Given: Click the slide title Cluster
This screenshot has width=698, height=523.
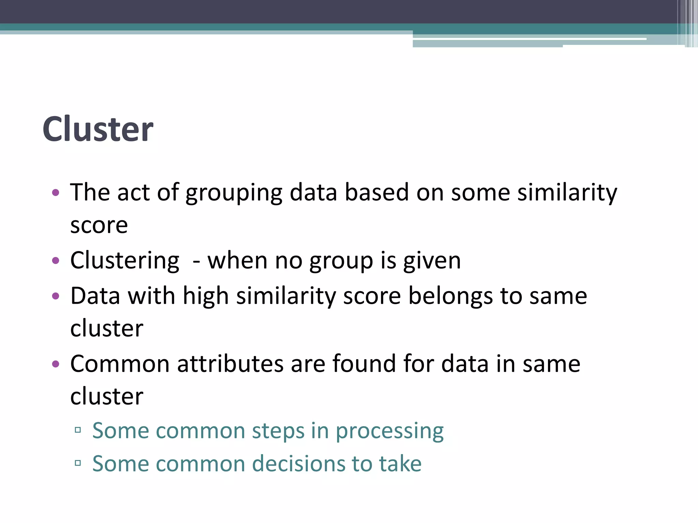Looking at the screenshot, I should point(98,129).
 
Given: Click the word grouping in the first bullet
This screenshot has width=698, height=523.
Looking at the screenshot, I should point(234,193).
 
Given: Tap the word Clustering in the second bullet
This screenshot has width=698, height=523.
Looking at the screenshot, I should point(125,261).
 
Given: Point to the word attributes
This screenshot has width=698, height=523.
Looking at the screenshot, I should point(230,364).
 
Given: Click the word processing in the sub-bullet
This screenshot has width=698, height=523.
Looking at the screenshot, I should point(390,431).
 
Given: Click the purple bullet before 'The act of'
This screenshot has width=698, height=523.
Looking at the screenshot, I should point(56,193).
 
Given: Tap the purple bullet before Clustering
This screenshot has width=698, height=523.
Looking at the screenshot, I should point(56,261).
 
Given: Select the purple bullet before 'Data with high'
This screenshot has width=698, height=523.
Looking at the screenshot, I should point(56,296).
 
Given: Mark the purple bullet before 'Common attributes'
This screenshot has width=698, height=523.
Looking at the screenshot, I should point(56,364).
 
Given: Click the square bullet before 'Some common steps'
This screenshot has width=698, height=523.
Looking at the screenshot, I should point(78,430).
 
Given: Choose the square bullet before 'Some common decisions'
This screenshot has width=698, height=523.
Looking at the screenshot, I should point(78,463).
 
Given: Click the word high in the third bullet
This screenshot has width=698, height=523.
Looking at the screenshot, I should point(206,296).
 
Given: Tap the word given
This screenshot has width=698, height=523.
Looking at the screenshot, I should point(432,261).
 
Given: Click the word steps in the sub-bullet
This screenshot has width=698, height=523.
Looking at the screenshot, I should point(278,431).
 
